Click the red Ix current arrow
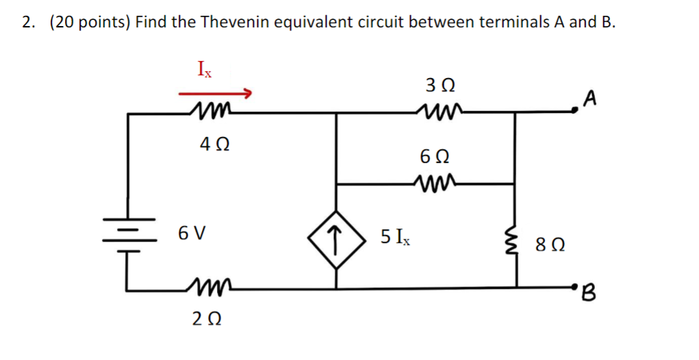pyautogui.click(x=216, y=93)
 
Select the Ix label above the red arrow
pyautogui.click(x=205, y=69)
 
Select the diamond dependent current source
pyautogui.click(x=335, y=237)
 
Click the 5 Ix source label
pyautogui.click(x=395, y=237)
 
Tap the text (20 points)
pyautogui.click(x=89, y=22)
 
